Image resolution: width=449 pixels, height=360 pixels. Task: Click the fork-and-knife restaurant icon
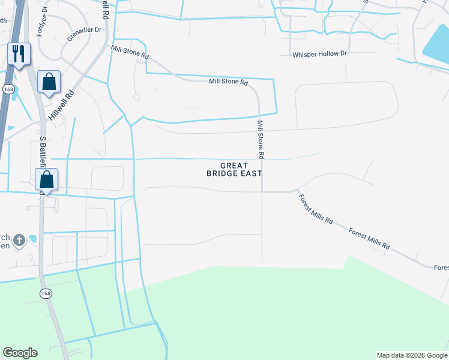pos(18,54)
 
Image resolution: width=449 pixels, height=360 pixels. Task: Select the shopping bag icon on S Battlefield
pos(46,179)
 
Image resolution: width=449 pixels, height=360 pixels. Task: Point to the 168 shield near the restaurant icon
pos(8,89)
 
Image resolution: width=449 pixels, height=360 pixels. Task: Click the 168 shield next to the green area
pos(46,293)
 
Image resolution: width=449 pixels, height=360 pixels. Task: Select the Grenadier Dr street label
pos(82,34)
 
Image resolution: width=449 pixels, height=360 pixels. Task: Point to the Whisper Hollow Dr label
pos(319,54)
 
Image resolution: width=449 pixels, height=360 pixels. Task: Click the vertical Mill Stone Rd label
pos(261,139)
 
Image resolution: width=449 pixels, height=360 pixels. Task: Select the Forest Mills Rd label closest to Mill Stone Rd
pos(315,209)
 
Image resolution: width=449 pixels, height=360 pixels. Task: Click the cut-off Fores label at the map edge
pos(441,268)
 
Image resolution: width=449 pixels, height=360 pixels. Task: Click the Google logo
pos(20,352)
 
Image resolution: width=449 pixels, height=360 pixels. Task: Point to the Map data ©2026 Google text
pos(412,355)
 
